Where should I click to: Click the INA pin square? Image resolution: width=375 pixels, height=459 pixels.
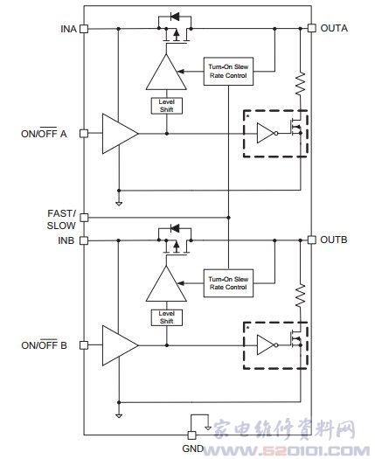[84, 29]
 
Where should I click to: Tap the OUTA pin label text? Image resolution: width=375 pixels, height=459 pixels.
[334, 28]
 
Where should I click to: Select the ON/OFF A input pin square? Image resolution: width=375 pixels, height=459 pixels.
[84, 134]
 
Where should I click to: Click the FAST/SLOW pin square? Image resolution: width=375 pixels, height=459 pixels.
[84, 218]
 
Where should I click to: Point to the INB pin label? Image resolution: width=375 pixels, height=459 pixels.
[66, 240]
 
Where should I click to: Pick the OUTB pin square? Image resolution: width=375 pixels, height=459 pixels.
[311, 240]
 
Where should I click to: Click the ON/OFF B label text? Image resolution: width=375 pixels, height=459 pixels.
[44, 344]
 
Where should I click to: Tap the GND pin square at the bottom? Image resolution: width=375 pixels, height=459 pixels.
[191, 435]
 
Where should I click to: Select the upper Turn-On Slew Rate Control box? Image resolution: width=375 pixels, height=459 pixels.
[228, 71]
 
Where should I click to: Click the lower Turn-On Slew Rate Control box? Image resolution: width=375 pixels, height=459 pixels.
[228, 283]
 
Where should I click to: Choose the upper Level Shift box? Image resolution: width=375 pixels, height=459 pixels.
[167, 106]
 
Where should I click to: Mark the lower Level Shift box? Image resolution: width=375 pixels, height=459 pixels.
[167, 317]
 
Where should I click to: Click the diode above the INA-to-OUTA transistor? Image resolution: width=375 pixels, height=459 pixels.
[175, 17]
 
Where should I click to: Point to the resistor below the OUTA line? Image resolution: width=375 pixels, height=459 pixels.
[301, 84]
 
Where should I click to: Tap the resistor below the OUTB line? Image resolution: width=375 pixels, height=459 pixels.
[301, 296]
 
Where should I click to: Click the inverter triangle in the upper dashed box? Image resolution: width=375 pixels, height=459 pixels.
[266, 133]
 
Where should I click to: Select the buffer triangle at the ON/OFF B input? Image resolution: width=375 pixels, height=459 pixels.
[120, 345]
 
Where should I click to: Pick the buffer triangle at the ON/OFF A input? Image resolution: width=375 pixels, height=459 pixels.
[120, 134]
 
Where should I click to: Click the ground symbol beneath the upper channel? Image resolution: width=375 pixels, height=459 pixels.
[119, 204]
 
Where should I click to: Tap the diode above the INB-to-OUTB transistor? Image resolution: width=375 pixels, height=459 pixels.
[175, 228]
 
